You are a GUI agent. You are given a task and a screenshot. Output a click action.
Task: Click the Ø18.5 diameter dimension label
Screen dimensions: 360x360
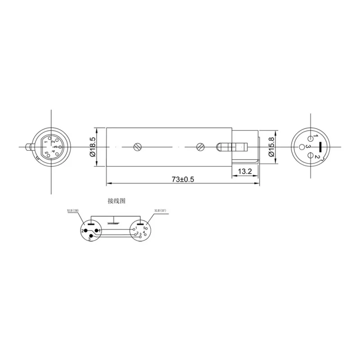93,147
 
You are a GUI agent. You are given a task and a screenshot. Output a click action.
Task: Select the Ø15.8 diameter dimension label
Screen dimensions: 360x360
271,147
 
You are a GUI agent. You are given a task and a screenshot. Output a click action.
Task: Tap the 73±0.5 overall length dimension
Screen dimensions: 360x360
183,179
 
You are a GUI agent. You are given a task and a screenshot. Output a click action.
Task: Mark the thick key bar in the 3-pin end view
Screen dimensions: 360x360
320,146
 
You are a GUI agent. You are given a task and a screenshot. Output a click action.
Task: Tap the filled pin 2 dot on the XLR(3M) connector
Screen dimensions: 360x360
86,230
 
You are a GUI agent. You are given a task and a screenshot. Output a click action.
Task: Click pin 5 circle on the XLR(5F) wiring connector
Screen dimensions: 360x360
146,229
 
